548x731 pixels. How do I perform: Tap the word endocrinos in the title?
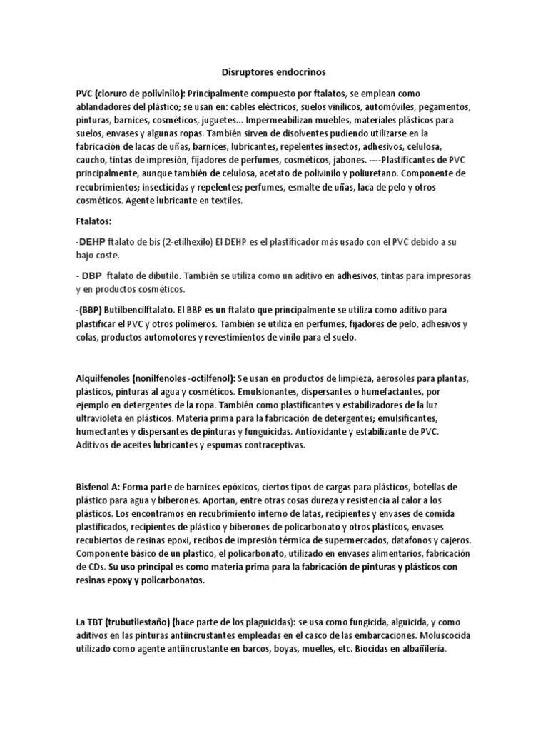[x=300, y=72]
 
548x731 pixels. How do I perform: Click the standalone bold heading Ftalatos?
[x=94, y=221]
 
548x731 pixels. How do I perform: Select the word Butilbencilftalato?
[x=143, y=311]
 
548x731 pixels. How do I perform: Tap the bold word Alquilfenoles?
[x=107, y=378]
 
